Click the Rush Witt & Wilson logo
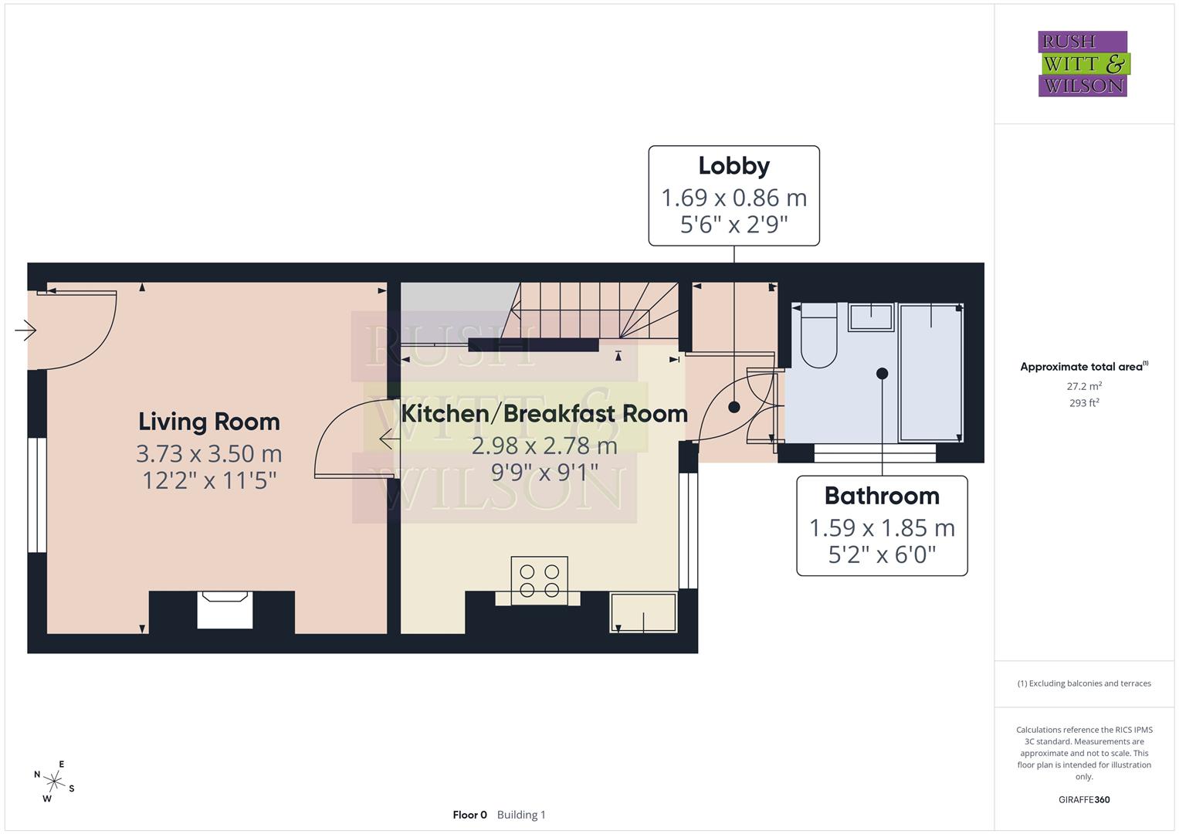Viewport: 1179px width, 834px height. [1082, 64]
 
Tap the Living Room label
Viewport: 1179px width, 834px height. [208, 422]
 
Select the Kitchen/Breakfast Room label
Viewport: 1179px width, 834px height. [544, 414]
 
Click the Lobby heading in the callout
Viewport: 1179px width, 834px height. [733, 166]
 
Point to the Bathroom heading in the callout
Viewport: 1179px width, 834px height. [882, 496]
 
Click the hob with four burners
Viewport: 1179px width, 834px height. [539, 581]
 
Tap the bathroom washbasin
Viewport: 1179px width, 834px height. [871, 317]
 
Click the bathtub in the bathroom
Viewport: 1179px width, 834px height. [931, 372]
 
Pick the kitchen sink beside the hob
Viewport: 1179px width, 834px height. [643, 612]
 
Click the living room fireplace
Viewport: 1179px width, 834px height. [225, 610]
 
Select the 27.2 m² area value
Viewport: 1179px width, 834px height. [1084, 386]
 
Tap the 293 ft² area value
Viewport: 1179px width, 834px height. [1084, 403]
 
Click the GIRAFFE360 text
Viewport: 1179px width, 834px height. [1084, 799]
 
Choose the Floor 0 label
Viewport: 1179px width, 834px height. [469, 815]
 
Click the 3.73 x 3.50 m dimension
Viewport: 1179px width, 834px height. [208, 453]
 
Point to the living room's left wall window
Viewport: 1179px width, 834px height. [36, 495]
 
